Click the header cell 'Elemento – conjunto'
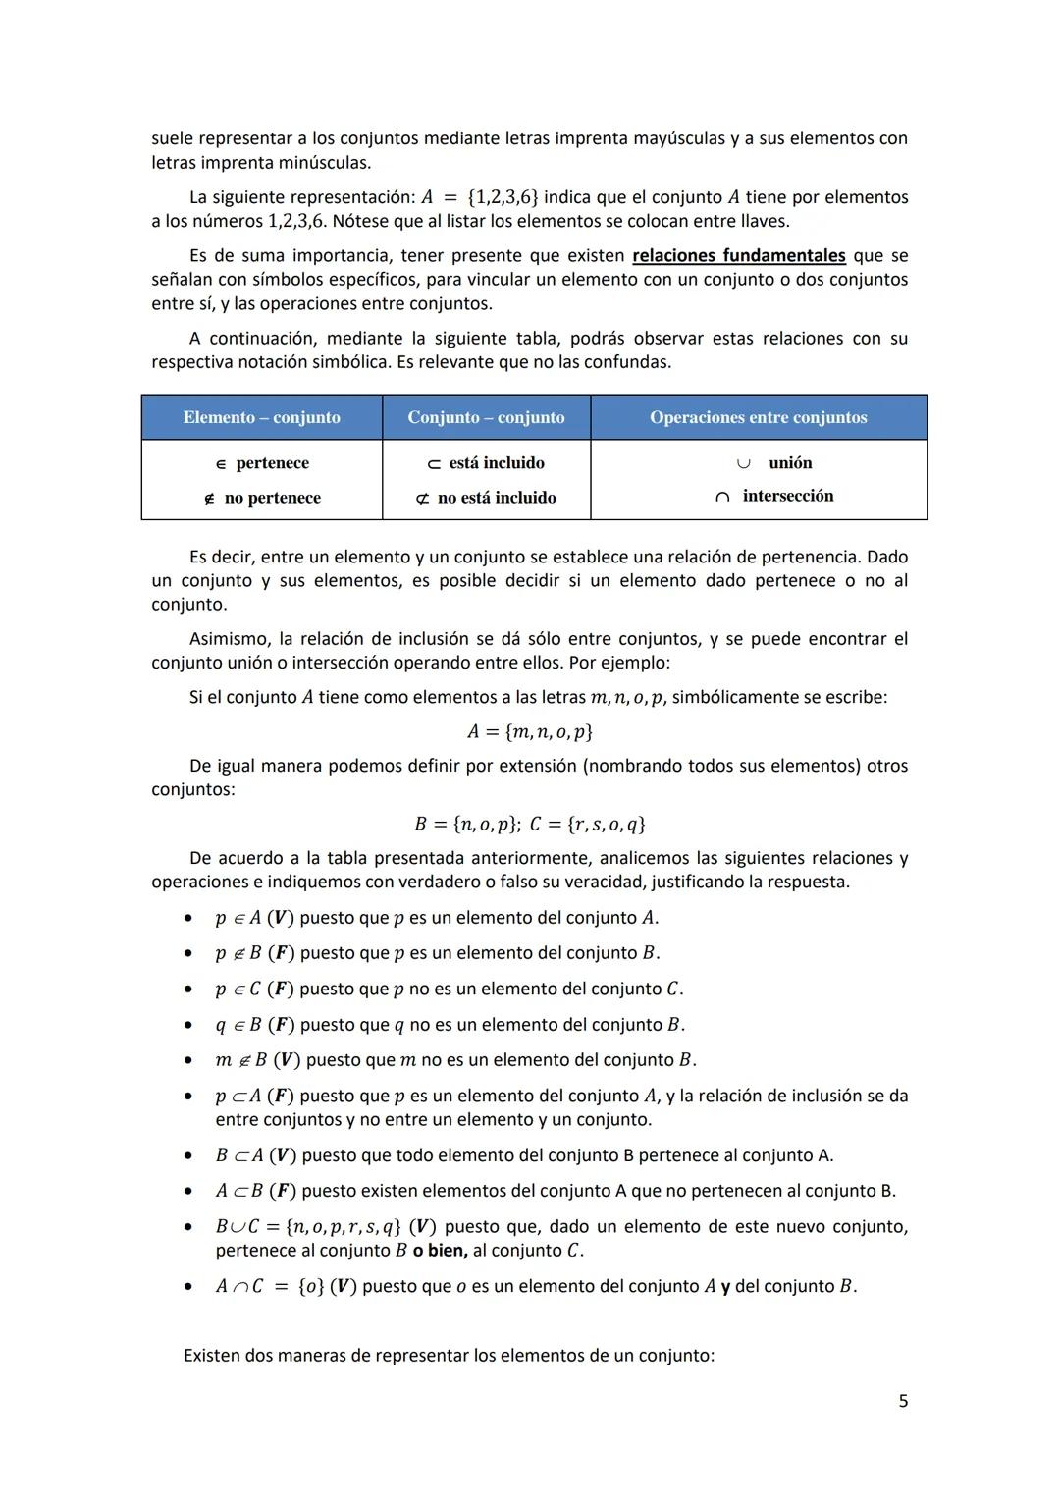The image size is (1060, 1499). (261, 417)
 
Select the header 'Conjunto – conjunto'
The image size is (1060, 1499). (486, 417)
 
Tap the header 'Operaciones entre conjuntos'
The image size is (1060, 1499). (758, 417)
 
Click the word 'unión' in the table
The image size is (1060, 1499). (789, 462)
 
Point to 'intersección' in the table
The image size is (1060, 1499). (787, 496)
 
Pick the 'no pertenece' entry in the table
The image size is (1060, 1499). (272, 498)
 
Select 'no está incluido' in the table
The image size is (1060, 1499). (496, 498)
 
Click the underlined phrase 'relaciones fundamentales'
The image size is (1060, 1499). (738, 256)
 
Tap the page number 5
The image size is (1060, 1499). (903, 1401)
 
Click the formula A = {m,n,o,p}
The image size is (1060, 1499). (529, 732)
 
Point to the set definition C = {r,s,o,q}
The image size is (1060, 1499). (587, 824)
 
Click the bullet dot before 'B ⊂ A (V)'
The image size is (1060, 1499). (186, 1155)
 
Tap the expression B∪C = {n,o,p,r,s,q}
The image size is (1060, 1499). (308, 1227)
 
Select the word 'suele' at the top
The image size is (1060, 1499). (172, 138)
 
